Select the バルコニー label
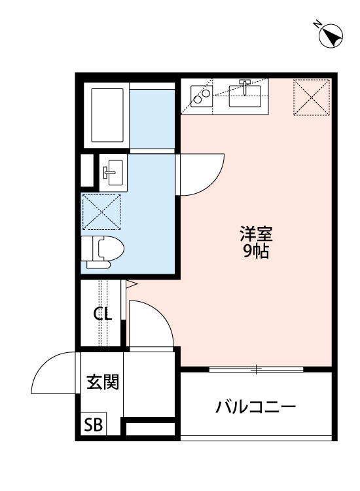tap(256, 408)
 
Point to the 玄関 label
tap(103, 382)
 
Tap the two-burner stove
tap(201, 97)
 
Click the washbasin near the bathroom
tap(111, 172)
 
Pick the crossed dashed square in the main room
tap(312, 97)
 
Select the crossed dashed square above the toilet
tap(101, 211)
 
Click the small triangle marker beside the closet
tap(130, 284)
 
